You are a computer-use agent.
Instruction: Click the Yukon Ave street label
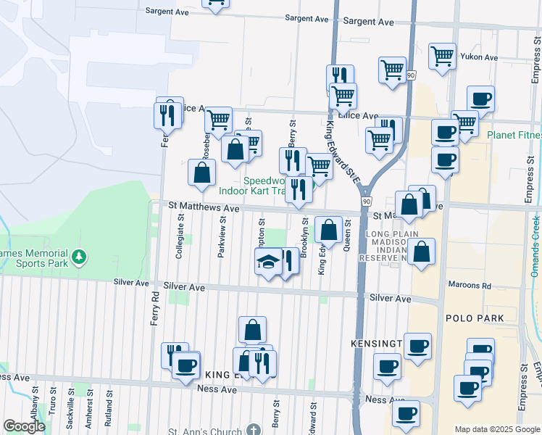(x=481, y=57)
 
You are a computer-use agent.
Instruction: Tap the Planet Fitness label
(x=514, y=136)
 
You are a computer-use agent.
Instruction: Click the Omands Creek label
(x=535, y=246)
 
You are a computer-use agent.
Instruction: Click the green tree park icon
(x=79, y=257)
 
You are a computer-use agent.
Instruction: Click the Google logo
(x=24, y=426)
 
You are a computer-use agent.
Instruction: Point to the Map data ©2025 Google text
(x=497, y=429)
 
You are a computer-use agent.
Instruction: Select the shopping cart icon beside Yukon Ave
(x=441, y=55)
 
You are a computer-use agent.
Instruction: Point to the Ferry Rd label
(x=154, y=308)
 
